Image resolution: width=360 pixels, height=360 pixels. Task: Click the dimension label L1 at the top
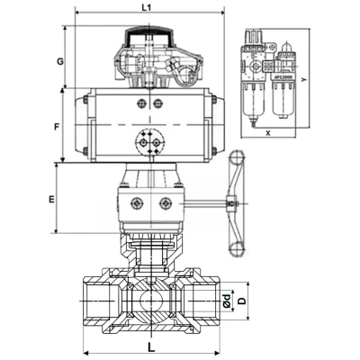pyautogui.click(x=148, y=7)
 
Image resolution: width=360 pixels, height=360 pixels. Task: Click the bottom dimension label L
pyautogui.click(x=150, y=344)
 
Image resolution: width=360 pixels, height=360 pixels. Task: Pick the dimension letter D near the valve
pyautogui.click(x=240, y=301)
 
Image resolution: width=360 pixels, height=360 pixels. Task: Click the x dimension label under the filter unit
pyautogui.click(x=267, y=131)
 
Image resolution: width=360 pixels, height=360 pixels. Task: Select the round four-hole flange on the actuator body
pyautogui.click(x=148, y=141)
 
